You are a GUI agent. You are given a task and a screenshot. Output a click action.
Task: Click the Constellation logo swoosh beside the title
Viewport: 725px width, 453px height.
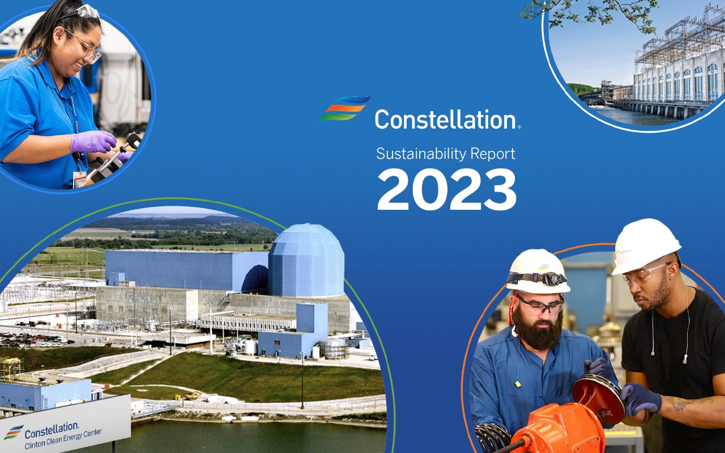click(345, 108)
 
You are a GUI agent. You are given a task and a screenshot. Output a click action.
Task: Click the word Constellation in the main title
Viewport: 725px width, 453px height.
click(446, 119)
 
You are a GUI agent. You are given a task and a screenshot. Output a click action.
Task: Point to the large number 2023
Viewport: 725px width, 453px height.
click(447, 189)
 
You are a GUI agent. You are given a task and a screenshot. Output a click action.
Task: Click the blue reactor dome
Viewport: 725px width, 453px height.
click(306, 260)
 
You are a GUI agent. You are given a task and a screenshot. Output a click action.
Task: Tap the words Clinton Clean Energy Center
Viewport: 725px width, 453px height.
click(63, 439)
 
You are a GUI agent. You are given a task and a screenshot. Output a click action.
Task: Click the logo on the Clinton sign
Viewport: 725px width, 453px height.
click(13, 432)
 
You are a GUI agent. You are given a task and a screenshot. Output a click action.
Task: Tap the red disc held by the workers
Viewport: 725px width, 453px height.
click(599, 399)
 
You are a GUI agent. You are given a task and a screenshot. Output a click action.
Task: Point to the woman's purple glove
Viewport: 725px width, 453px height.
click(93, 142)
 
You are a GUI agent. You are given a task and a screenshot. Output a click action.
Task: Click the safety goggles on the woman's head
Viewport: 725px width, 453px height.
click(86, 12)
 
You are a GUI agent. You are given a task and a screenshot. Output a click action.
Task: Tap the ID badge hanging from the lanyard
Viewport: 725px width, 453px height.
click(79, 179)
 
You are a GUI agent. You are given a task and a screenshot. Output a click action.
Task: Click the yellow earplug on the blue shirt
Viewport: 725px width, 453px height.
click(518, 384)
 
